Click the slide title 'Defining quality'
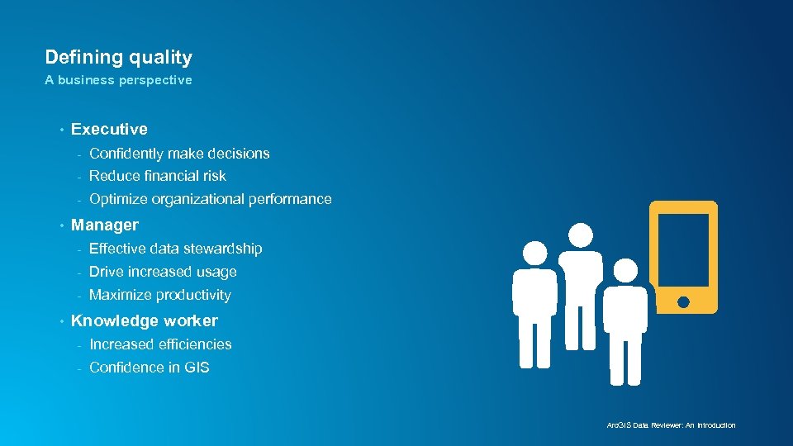(x=118, y=58)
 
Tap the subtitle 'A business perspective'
(x=118, y=80)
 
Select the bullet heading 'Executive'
(x=109, y=129)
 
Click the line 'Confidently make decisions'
(x=179, y=154)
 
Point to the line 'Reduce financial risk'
(x=157, y=176)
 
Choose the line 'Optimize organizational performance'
(x=210, y=199)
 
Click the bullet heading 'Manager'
(x=105, y=225)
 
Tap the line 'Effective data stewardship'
(x=175, y=249)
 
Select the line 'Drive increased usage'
(x=163, y=272)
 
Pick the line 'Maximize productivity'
(x=159, y=295)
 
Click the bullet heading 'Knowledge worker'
(x=145, y=320)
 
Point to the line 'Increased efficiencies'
(x=160, y=344)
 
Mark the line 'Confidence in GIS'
(x=149, y=368)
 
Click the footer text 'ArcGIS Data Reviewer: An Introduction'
(x=671, y=425)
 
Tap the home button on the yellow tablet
(x=683, y=302)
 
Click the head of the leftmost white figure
(x=535, y=253)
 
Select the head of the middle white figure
(x=581, y=235)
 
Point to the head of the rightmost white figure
(x=625, y=270)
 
